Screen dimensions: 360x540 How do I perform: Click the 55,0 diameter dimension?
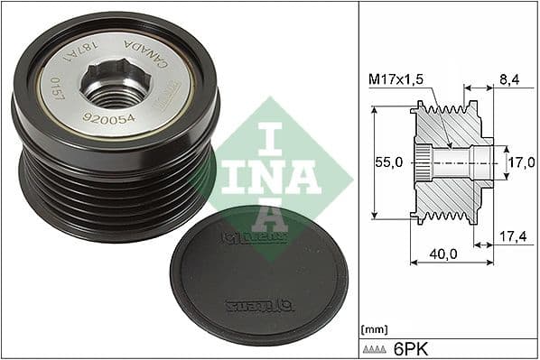(387, 163)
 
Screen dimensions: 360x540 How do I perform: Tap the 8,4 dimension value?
(508, 81)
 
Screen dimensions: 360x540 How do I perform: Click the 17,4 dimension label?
(514, 236)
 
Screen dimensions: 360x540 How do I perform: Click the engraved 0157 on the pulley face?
(57, 92)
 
